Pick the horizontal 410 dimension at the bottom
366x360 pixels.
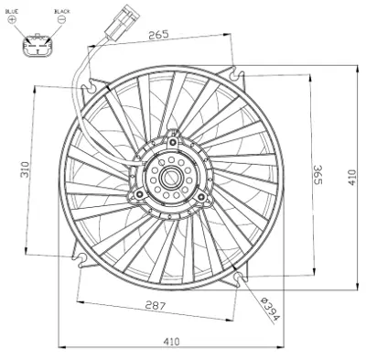[x=171, y=342]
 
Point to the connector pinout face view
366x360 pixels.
[x=38, y=44]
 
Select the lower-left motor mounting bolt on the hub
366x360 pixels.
[x=138, y=194]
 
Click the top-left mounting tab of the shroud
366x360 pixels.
[x=89, y=86]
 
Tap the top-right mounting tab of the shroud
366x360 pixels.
[x=237, y=71]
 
